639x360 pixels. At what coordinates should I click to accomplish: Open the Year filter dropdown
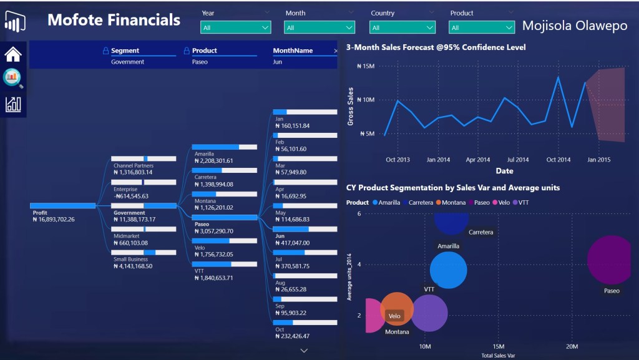pyautogui.click(x=236, y=27)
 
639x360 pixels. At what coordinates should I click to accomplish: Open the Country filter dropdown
pyautogui.click(x=403, y=27)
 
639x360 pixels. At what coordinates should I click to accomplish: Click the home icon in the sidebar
pyautogui.click(x=13, y=54)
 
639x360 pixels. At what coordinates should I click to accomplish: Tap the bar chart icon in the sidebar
pyautogui.click(x=13, y=104)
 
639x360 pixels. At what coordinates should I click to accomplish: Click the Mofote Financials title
pyautogui.click(x=114, y=20)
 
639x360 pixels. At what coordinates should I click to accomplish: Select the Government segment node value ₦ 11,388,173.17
pyautogui.click(x=134, y=220)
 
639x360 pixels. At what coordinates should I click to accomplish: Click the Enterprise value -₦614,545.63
pyautogui.click(x=130, y=196)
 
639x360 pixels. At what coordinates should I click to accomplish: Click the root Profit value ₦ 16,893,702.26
pyautogui.click(x=54, y=220)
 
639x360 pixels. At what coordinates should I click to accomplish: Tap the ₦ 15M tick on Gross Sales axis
pyautogui.click(x=365, y=66)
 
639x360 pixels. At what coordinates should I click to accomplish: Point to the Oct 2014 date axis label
pyautogui.click(x=559, y=160)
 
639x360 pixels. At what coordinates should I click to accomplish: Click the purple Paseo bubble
pyautogui.click(x=612, y=260)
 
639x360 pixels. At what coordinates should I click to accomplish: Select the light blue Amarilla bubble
pyautogui.click(x=449, y=270)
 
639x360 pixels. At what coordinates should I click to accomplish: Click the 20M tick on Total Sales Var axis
pyautogui.click(x=572, y=346)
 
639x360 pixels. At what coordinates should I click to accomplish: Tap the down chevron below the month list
pyautogui.click(x=305, y=351)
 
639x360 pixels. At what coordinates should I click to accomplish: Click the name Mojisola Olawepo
pyautogui.click(x=575, y=26)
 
